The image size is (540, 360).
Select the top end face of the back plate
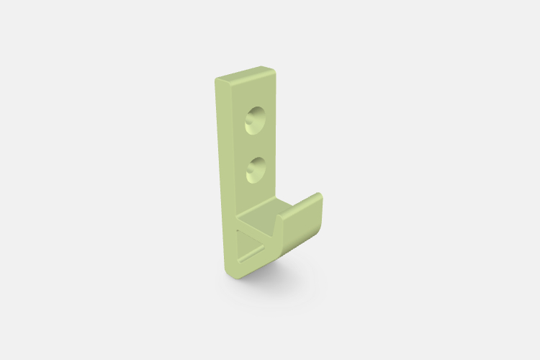point(245,74)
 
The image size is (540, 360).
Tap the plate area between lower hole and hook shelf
point(256,193)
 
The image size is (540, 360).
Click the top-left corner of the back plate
point(216,80)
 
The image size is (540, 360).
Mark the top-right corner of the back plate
point(274,70)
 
